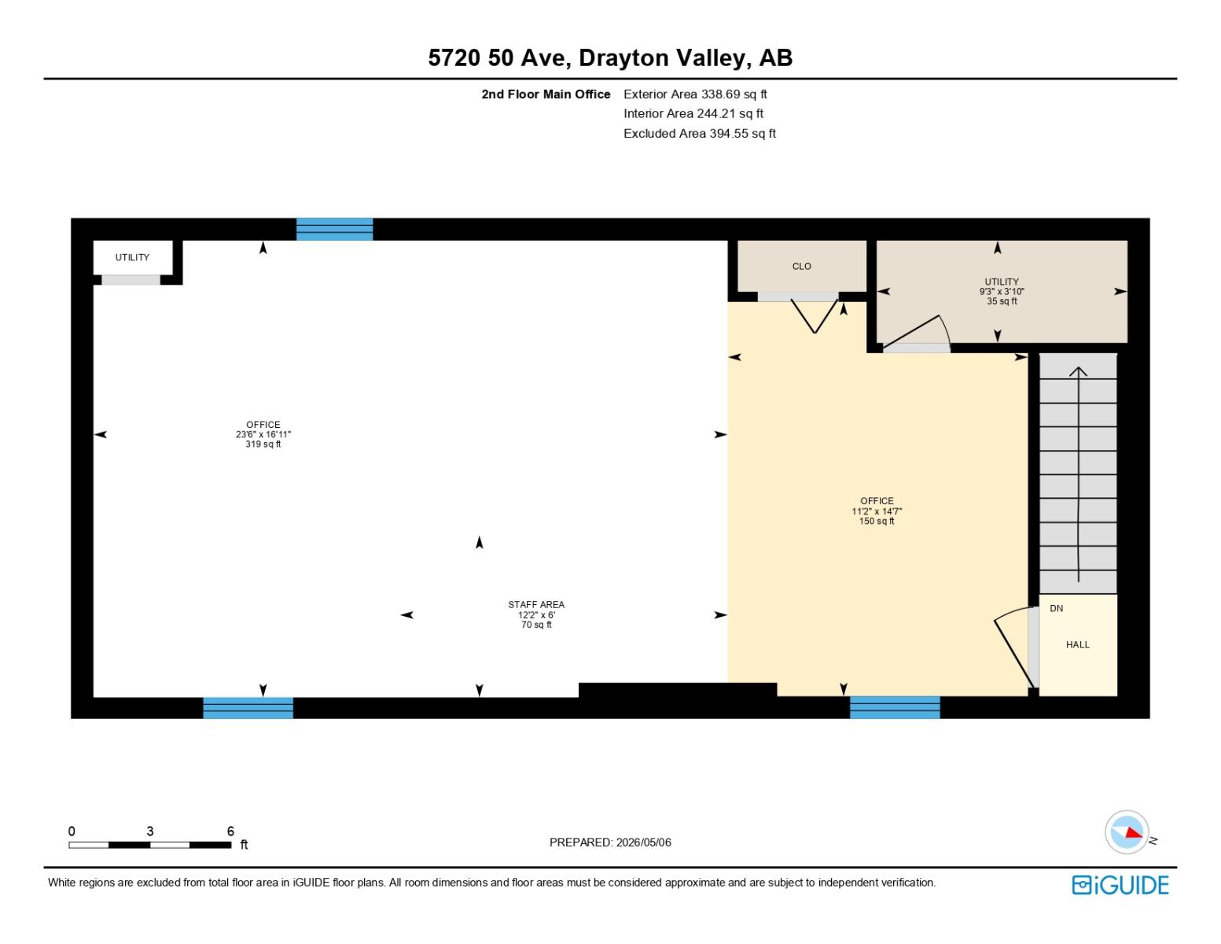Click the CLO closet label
[801, 266]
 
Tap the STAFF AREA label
[536, 604]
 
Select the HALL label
[1077, 644]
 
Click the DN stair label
[1056, 608]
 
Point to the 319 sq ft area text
[263, 444]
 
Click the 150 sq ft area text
[877, 522]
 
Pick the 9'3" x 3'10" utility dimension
[1002, 291]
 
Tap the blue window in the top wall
[334, 229]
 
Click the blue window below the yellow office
[895, 706]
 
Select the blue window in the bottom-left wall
[248, 708]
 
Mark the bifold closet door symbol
[815, 316]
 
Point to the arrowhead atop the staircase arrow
[1078, 371]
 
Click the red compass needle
[1133, 832]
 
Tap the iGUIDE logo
[1120, 885]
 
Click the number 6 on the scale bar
[230, 831]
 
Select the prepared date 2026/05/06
[643, 843]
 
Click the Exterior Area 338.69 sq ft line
[695, 94]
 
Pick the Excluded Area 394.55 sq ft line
[700, 133]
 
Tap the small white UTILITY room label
[132, 257]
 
